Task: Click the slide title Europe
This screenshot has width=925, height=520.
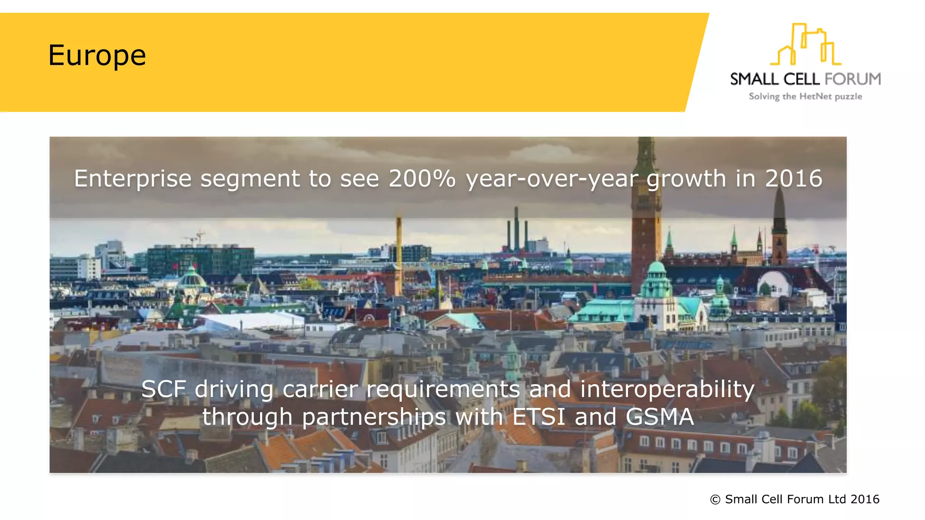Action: (97, 56)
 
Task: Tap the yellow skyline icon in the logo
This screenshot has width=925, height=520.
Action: (805, 45)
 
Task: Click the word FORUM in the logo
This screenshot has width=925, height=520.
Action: (852, 79)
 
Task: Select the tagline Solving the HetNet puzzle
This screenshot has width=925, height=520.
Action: (805, 96)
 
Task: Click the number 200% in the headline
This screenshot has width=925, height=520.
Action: (422, 178)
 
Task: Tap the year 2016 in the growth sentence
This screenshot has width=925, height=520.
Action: (793, 178)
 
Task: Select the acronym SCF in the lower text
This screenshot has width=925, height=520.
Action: (164, 389)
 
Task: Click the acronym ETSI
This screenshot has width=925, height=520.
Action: (539, 417)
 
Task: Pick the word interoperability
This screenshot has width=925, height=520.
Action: (667, 389)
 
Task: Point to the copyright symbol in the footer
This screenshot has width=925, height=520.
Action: (715, 499)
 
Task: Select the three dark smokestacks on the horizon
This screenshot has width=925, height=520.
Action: (517, 230)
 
